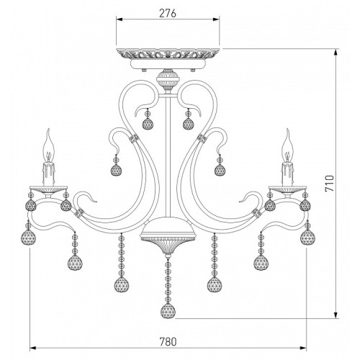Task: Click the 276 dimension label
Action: coord(168,13)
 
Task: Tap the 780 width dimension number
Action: coord(168,342)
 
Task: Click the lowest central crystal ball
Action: coord(168,310)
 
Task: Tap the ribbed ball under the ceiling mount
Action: coord(168,78)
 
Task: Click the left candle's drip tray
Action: coord(48,189)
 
